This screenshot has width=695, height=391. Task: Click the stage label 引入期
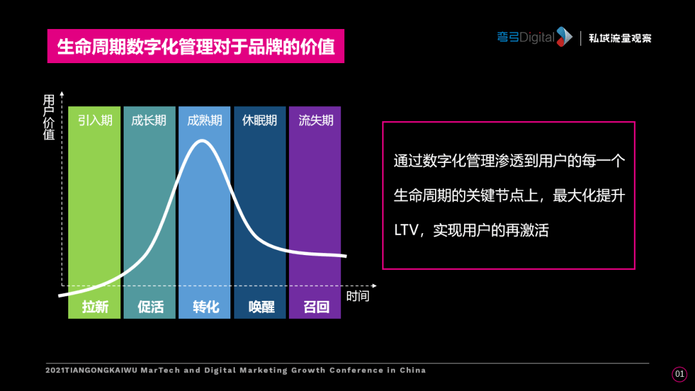[x=95, y=120]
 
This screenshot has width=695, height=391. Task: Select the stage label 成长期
[x=149, y=120]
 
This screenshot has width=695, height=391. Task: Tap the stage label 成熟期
[x=205, y=120]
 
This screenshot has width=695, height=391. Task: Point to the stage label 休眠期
[x=260, y=120]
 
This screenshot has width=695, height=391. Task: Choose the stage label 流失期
[x=316, y=120]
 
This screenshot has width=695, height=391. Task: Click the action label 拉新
[x=95, y=307]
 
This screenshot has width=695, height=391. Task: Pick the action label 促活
[x=151, y=307]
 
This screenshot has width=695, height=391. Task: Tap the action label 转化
[x=206, y=307]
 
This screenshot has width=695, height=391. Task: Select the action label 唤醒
[x=261, y=307]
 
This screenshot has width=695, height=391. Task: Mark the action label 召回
[x=316, y=307]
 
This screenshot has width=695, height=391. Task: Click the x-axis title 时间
[x=358, y=296]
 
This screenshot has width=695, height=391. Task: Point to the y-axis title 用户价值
[x=49, y=117]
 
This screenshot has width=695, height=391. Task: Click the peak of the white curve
[x=202, y=140]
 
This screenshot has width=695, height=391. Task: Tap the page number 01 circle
[x=680, y=374]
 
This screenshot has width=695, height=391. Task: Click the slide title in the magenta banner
[x=196, y=46]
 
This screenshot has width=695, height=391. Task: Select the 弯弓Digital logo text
[x=526, y=37]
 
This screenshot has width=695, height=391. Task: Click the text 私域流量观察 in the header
[x=620, y=38]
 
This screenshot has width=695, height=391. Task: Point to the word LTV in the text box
[x=406, y=230]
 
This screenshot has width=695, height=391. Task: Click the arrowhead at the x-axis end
[x=375, y=285]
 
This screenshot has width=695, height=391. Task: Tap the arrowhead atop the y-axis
[x=62, y=93]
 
